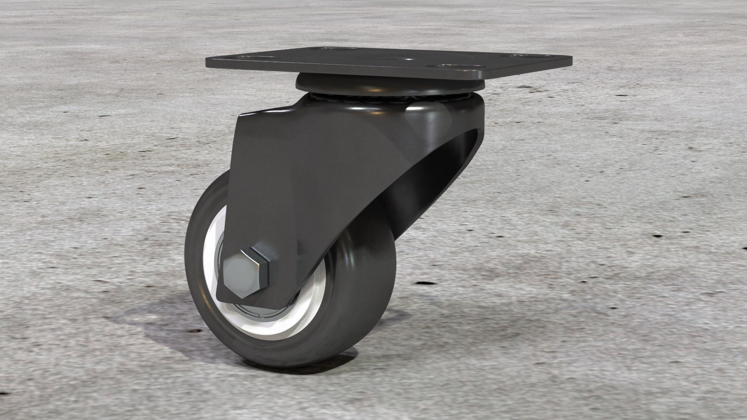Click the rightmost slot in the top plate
coord(518,56)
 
